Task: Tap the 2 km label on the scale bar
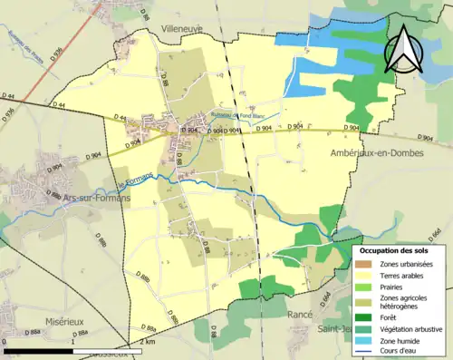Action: tap(147, 343)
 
